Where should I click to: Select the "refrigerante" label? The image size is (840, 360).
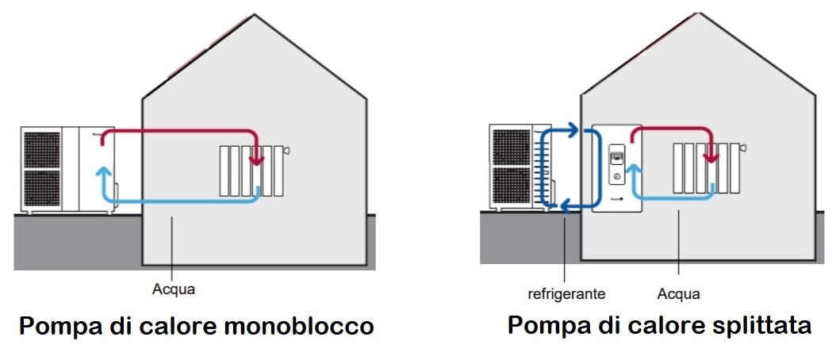coord(566,294)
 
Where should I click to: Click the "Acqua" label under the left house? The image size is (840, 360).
coord(173,289)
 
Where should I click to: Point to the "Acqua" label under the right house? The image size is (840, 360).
coord(678,294)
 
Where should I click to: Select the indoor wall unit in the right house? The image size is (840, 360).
coord(616,168)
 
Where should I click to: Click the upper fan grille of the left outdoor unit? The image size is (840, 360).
coord(42,149)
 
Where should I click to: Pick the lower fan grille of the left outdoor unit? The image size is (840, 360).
coord(42,189)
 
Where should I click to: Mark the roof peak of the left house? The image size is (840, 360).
coord(254,15)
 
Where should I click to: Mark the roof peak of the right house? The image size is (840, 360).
coord(699,14)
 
